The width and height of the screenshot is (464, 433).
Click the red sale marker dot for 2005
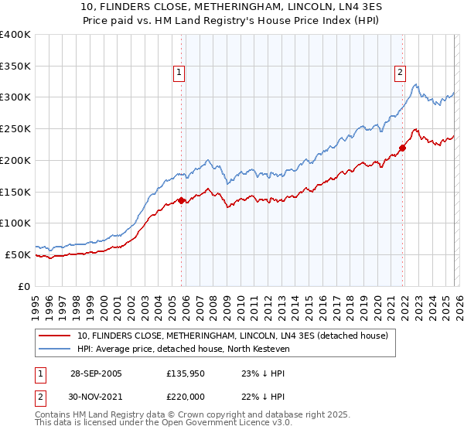182,200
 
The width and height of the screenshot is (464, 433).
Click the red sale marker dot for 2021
403,148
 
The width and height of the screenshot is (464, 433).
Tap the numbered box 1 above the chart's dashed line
179,73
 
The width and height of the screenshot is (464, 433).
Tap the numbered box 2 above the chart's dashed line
400,73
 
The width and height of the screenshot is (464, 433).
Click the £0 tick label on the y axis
23,285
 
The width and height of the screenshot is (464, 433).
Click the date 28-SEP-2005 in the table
97,373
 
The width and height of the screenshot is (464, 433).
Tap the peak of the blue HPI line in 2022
416,84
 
